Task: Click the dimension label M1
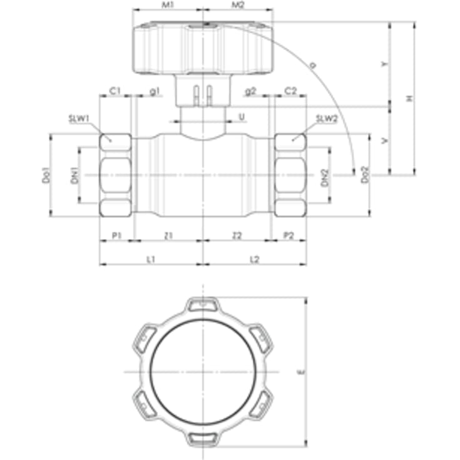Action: (167, 5)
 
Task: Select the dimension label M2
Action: (238, 5)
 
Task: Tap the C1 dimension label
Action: (115, 91)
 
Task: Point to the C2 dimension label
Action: (290, 91)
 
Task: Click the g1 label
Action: (155, 91)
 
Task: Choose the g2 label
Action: (251, 91)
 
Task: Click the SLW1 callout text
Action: (80, 118)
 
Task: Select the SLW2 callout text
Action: (326, 118)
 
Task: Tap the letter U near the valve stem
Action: (242, 116)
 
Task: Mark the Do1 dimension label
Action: (46, 175)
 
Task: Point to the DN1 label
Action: (73, 176)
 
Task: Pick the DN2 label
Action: (324, 176)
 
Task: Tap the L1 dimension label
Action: (150, 258)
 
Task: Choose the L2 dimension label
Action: (255, 258)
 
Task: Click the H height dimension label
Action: (409, 99)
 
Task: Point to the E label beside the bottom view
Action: (301, 372)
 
